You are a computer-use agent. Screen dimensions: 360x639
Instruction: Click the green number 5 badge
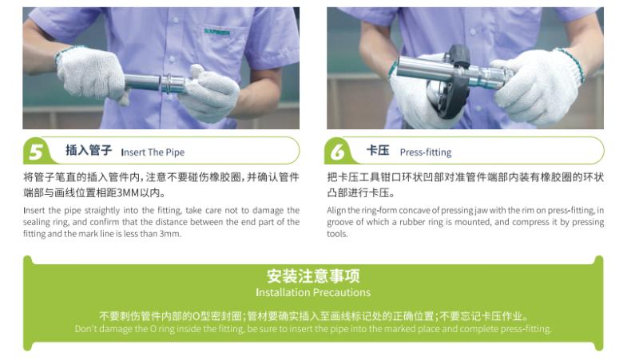click(x=36, y=151)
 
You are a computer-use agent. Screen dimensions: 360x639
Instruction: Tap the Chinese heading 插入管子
click(x=88, y=151)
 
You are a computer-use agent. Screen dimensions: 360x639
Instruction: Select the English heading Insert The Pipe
click(x=152, y=152)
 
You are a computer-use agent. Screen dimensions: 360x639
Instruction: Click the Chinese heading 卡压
click(x=377, y=151)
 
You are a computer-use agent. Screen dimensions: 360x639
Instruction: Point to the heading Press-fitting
click(x=425, y=152)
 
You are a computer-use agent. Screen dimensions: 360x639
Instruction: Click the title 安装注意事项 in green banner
click(x=313, y=276)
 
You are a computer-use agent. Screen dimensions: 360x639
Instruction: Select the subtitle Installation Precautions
click(x=313, y=292)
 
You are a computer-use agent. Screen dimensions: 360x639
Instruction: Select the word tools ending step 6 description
click(x=337, y=234)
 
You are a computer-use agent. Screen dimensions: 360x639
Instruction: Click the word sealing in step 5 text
click(x=37, y=223)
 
